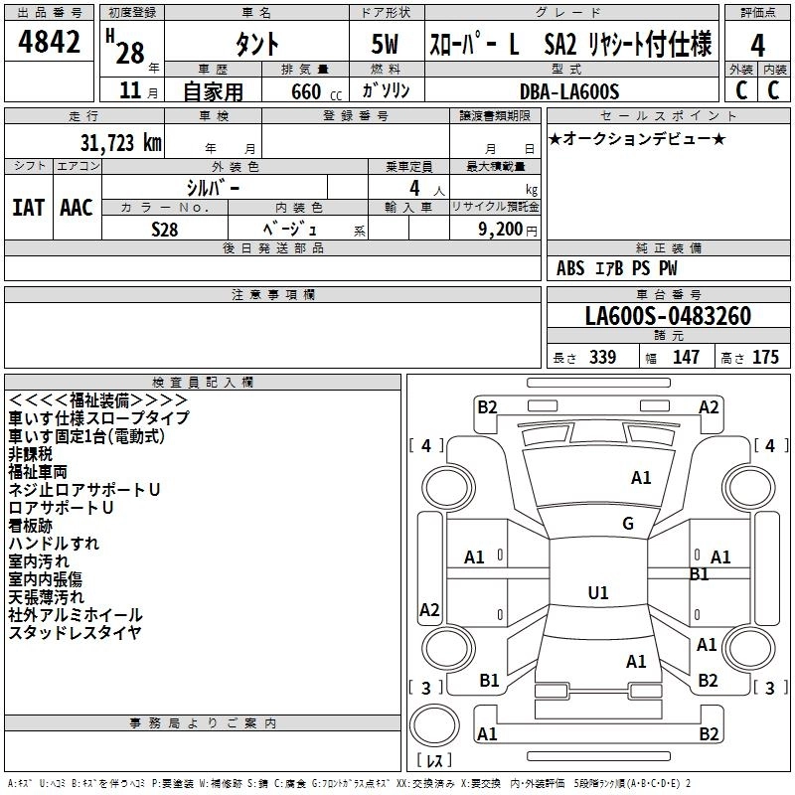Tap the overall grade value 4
(758, 45)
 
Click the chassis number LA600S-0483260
(668, 317)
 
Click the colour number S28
(165, 228)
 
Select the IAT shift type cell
(29, 207)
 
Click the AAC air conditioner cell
(77, 207)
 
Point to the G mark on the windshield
(628, 524)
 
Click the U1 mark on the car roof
(598, 593)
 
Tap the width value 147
(686, 357)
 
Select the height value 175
(765, 357)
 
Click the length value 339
(602, 357)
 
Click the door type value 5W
(386, 45)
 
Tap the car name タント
(256, 45)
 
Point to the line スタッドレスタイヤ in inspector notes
(76, 633)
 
